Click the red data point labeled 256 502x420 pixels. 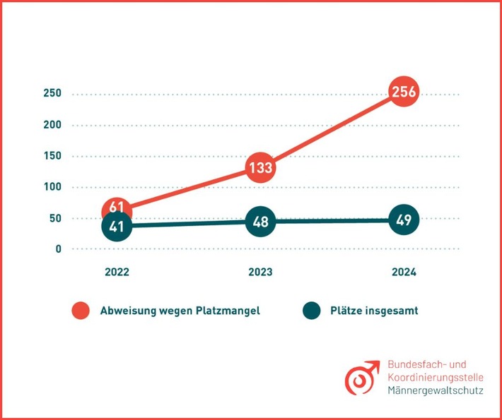click(x=402, y=91)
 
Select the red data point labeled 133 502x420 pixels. click(x=259, y=167)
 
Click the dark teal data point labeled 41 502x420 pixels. click(x=117, y=226)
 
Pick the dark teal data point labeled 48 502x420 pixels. click(x=259, y=222)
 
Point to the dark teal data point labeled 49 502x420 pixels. click(x=403, y=220)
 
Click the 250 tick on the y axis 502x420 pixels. click(x=52, y=94)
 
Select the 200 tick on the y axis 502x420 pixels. click(x=52, y=125)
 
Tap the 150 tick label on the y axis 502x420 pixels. click(x=52, y=156)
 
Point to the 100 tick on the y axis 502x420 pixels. click(x=52, y=187)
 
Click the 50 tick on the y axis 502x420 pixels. click(x=55, y=218)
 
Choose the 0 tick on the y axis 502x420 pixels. click(x=59, y=249)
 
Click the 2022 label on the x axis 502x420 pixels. click(x=117, y=272)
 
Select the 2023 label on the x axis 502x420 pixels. click(x=260, y=272)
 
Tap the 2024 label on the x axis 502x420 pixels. click(x=404, y=272)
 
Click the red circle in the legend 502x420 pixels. click(x=81, y=311)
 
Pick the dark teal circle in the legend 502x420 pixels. click(x=311, y=311)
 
